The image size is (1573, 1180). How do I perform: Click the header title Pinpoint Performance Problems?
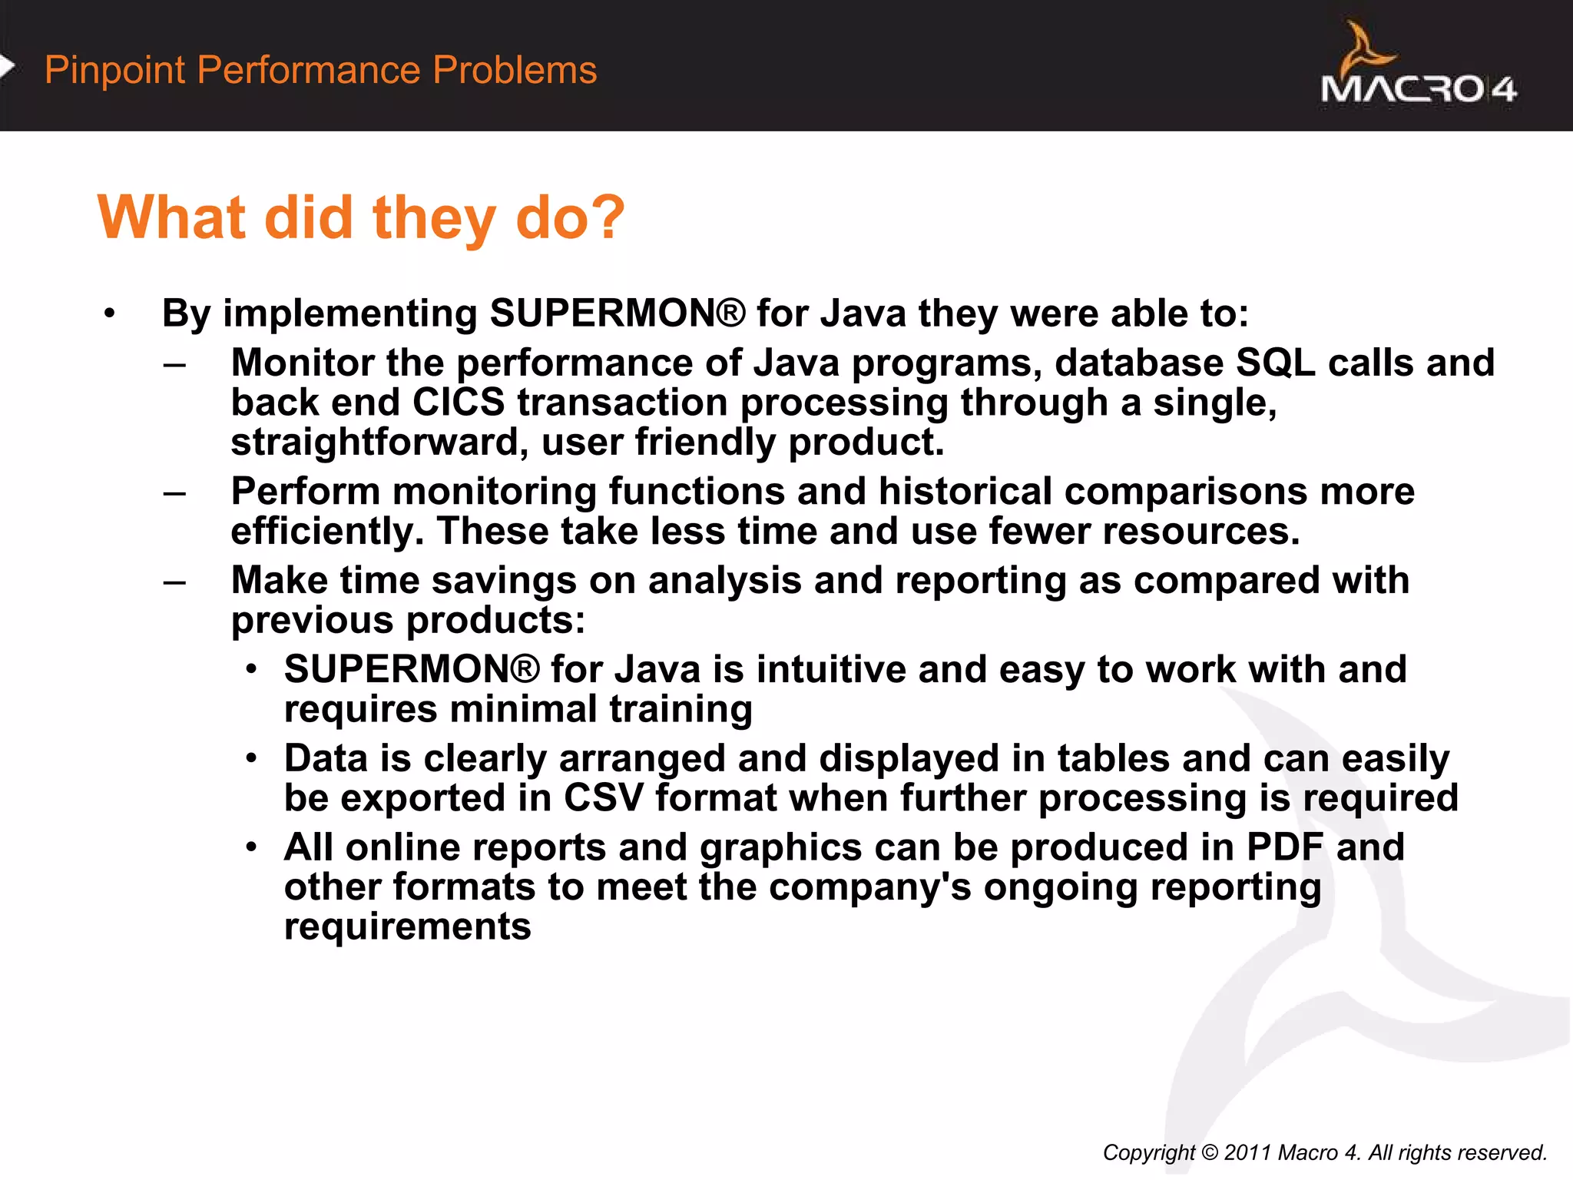point(320,70)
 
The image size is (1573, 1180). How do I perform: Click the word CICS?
point(459,403)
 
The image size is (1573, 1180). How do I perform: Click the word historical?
point(965,491)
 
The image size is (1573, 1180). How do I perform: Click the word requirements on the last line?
point(407,926)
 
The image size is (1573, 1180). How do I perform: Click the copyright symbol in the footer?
point(1210,1152)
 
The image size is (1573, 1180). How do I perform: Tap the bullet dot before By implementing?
point(110,313)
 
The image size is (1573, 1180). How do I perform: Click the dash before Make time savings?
point(174,582)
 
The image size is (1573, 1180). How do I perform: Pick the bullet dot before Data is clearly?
point(251,759)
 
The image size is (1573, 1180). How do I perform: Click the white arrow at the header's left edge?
point(7,67)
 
